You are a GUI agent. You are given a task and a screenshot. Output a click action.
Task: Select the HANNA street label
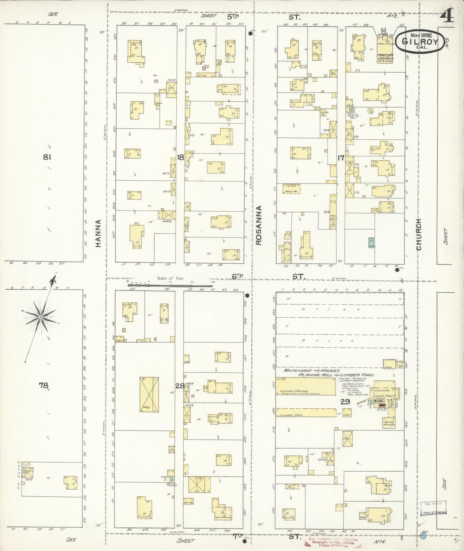click(x=98, y=233)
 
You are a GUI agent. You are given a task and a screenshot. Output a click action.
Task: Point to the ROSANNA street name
click(x=259, y=225)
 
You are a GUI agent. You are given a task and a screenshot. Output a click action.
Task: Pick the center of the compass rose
click(x=41, y=317)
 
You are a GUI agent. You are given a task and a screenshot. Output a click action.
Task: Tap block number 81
click(x=48, y=157)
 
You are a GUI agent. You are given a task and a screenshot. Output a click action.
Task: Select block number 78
click(x=43, y=385)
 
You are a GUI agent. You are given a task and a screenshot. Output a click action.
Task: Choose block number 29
click(x=345, y=401)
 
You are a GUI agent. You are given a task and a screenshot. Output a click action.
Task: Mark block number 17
click(x=341, y=158)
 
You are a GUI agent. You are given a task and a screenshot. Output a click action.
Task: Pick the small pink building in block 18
click(x=204, y=68)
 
